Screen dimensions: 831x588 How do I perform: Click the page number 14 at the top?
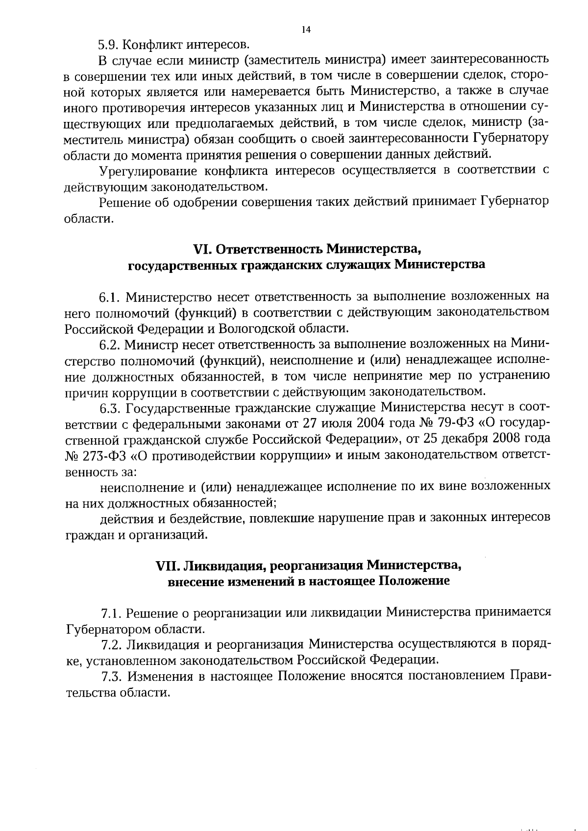306,30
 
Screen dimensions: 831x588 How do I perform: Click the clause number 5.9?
107,45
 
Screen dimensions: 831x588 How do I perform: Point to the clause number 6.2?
109,345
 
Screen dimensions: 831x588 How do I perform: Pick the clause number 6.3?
110,407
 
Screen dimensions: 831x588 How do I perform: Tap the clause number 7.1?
111,614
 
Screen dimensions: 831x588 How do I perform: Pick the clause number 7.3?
111,677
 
